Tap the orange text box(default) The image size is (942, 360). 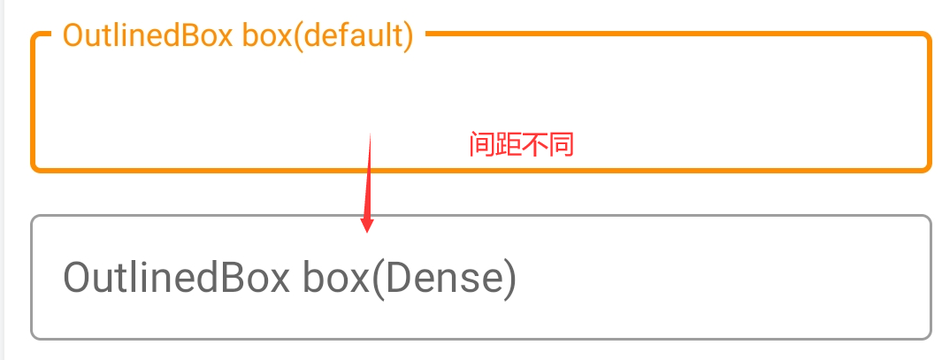click(327, 37)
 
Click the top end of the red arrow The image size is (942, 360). click(371, 133)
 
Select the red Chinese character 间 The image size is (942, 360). click(482, 145)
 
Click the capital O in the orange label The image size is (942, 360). click(73, 37)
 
